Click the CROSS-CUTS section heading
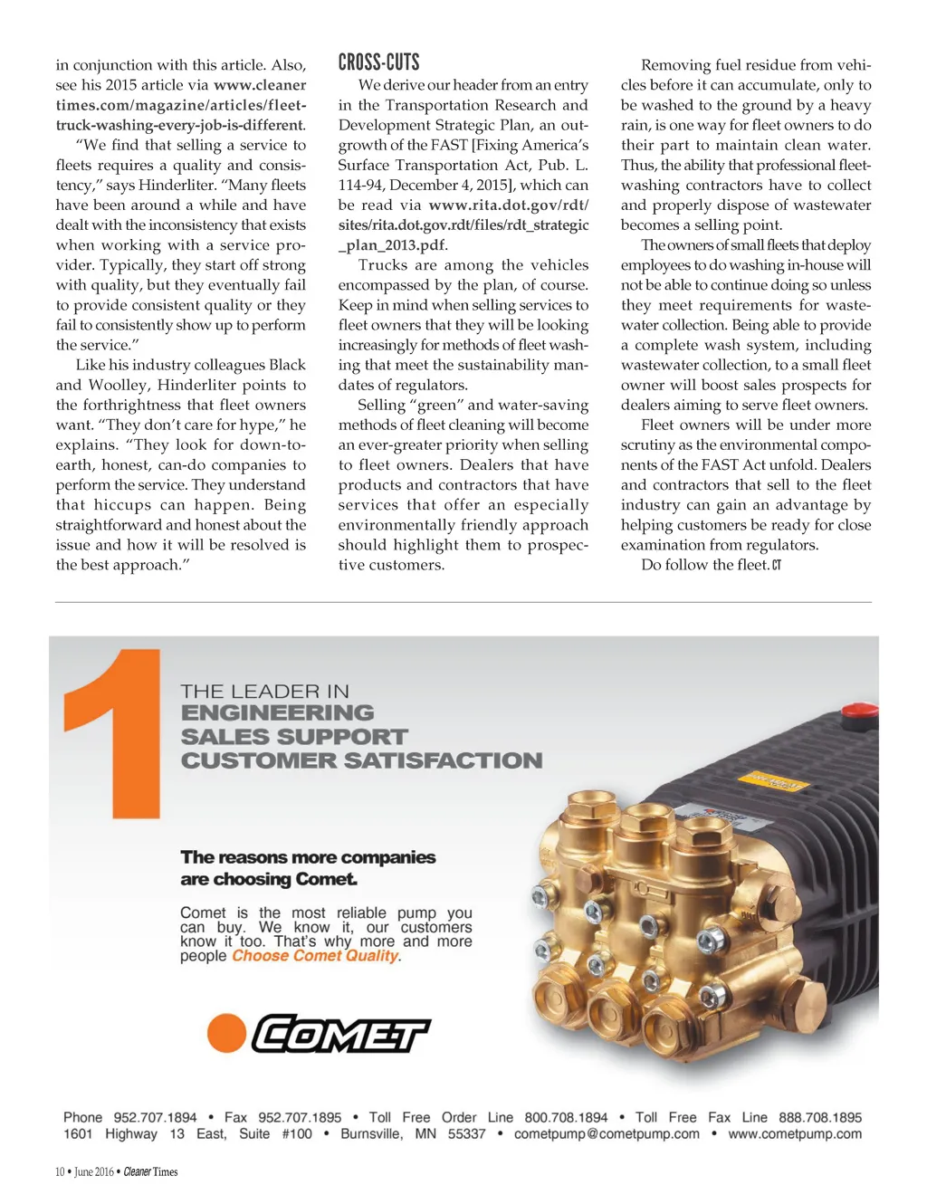pyautogui.click(x=378, y=62)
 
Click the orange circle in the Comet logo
pyautogui.click(x=226, y=1033)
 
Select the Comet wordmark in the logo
pyautogui.click(x=339, y=1034)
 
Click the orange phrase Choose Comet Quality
pyautogui.click(x=315, y=956)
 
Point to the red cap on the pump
pyautogui.click(x=857, y=712)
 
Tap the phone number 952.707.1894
pyautogui.click(x=155, y=1117)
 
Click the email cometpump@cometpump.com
pyautogui.click(x=607, y=1134)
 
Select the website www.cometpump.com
pyautogui.click(x=795, y=1134)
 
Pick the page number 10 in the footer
pyautogui.click(x=60, y=1171)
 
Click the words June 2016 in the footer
pyautogui.click(x=94, y=1171)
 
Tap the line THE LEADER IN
pyautogui.click(x=264, y=692)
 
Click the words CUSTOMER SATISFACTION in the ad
pyautogui.click(x=361, y=760)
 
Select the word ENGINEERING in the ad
pyautogui.click(x=277, y=713)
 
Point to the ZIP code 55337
pyautogui.click(x=468, y=1134)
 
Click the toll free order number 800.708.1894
pyautogui.click(x=566, y=1117)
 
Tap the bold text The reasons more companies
pyautogui.click(x=308, y=857)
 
